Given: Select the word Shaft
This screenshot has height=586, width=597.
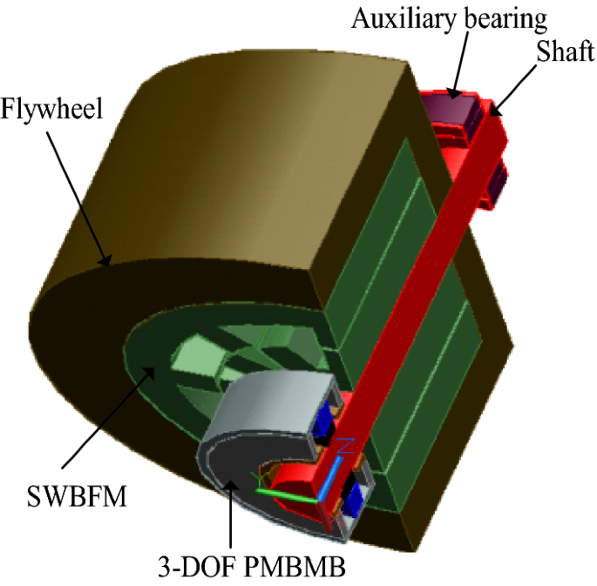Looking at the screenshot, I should (566, 53).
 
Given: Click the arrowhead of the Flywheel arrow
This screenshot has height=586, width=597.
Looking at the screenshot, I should (106, 259).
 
